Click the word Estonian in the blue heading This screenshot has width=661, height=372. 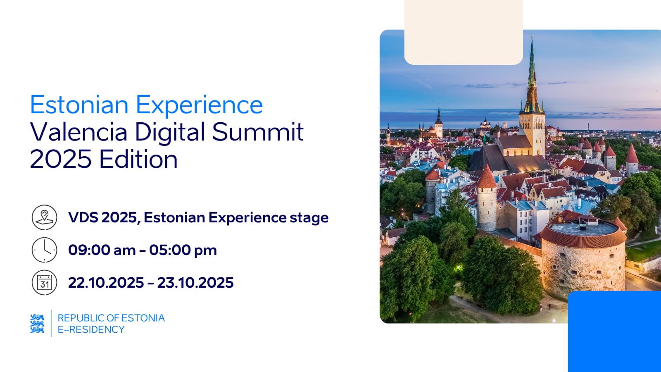79,105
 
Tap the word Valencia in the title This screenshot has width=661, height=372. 78,132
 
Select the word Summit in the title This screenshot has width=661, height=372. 258,132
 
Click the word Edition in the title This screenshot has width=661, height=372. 138,159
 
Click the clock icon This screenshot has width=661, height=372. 44,250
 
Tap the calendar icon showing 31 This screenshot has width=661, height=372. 44,283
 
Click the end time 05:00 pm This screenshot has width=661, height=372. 183,250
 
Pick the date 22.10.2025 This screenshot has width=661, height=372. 106,283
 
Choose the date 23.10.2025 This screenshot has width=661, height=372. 195,283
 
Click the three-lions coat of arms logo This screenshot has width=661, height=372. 37,324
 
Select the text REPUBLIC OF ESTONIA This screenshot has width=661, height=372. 111,318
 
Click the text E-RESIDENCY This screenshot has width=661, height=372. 91,329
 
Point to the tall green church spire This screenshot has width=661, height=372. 532,77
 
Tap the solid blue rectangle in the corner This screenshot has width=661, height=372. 614,331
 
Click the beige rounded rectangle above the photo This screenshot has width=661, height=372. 464,32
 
